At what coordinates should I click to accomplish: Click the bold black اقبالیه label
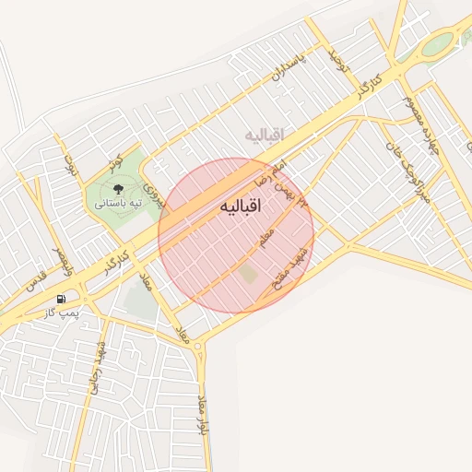click(242, 207)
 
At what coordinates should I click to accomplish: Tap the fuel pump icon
click(61, 299)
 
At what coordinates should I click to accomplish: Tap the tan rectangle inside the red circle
click(248, 274)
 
